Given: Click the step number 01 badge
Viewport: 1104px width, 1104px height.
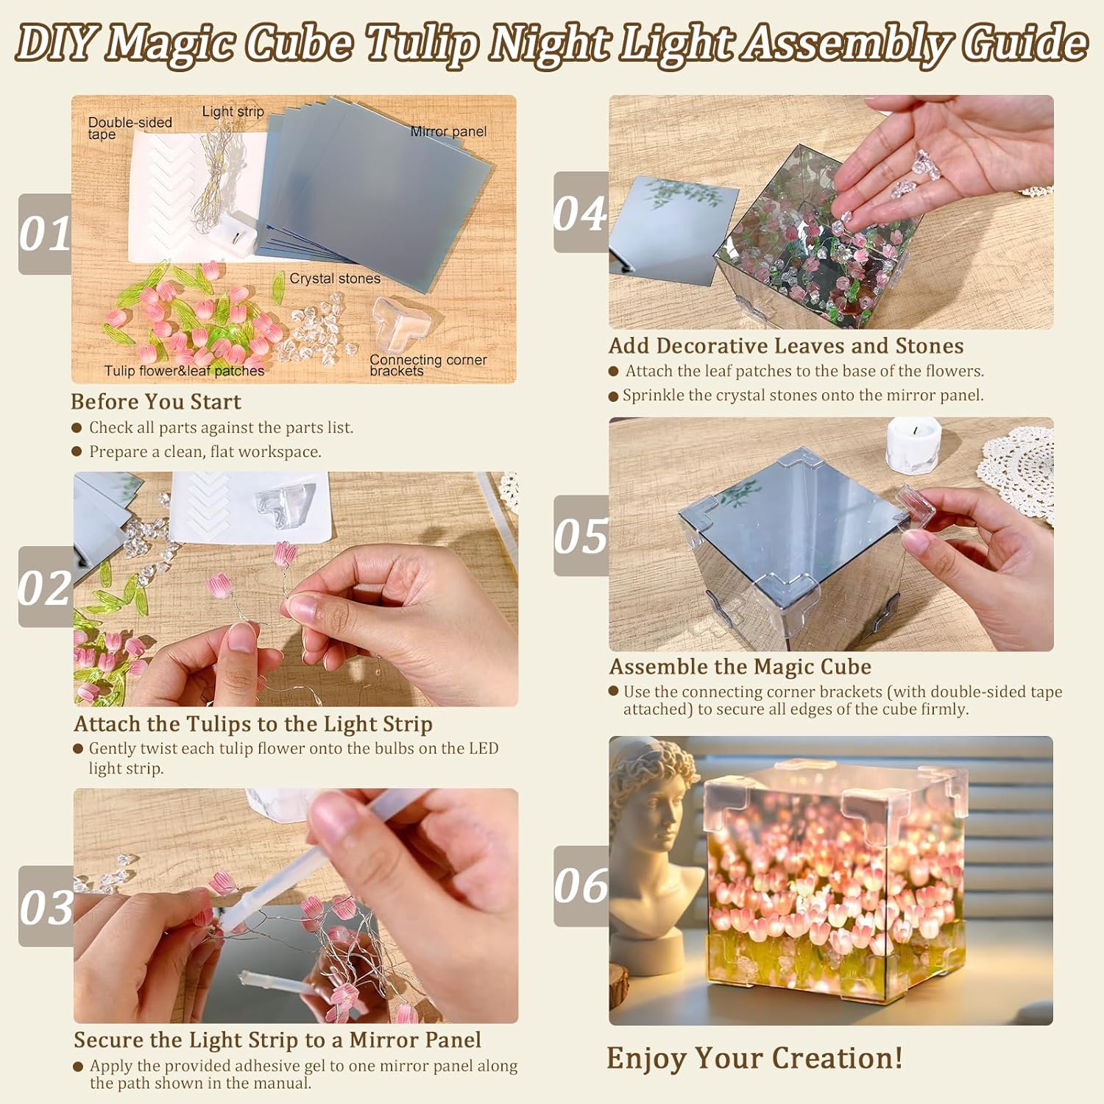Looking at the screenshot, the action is tap(45, 234).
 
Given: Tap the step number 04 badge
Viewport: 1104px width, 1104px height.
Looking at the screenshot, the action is tap(581, 213).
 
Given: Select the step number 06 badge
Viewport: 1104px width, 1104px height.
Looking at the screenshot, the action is tap(581, 885).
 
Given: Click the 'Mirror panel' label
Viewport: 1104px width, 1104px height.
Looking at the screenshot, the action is tap(448, 132).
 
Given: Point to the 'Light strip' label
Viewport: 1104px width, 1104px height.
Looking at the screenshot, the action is tap(233, 112).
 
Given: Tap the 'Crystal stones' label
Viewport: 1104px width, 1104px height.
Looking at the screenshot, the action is tap(335, 278).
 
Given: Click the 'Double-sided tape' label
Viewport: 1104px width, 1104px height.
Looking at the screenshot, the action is tap(130, 128).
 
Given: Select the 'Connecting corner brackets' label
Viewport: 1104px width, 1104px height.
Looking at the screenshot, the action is tap(428, 365).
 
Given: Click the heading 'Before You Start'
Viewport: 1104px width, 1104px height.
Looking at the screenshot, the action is tap(156, 402).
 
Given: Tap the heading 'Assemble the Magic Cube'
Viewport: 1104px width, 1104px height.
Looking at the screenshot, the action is tap(740, 667).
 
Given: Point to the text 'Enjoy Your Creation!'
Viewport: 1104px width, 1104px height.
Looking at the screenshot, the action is tap(754, 1058).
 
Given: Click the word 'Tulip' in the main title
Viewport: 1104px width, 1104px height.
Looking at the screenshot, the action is tap(421, 44).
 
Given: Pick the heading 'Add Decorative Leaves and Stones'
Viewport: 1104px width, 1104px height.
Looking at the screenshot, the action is tap(786, 346).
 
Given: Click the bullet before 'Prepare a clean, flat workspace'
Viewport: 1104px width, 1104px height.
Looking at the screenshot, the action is tap(77, 451).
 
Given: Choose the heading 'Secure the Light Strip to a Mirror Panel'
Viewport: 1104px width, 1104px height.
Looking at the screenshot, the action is tap(277, 1040).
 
